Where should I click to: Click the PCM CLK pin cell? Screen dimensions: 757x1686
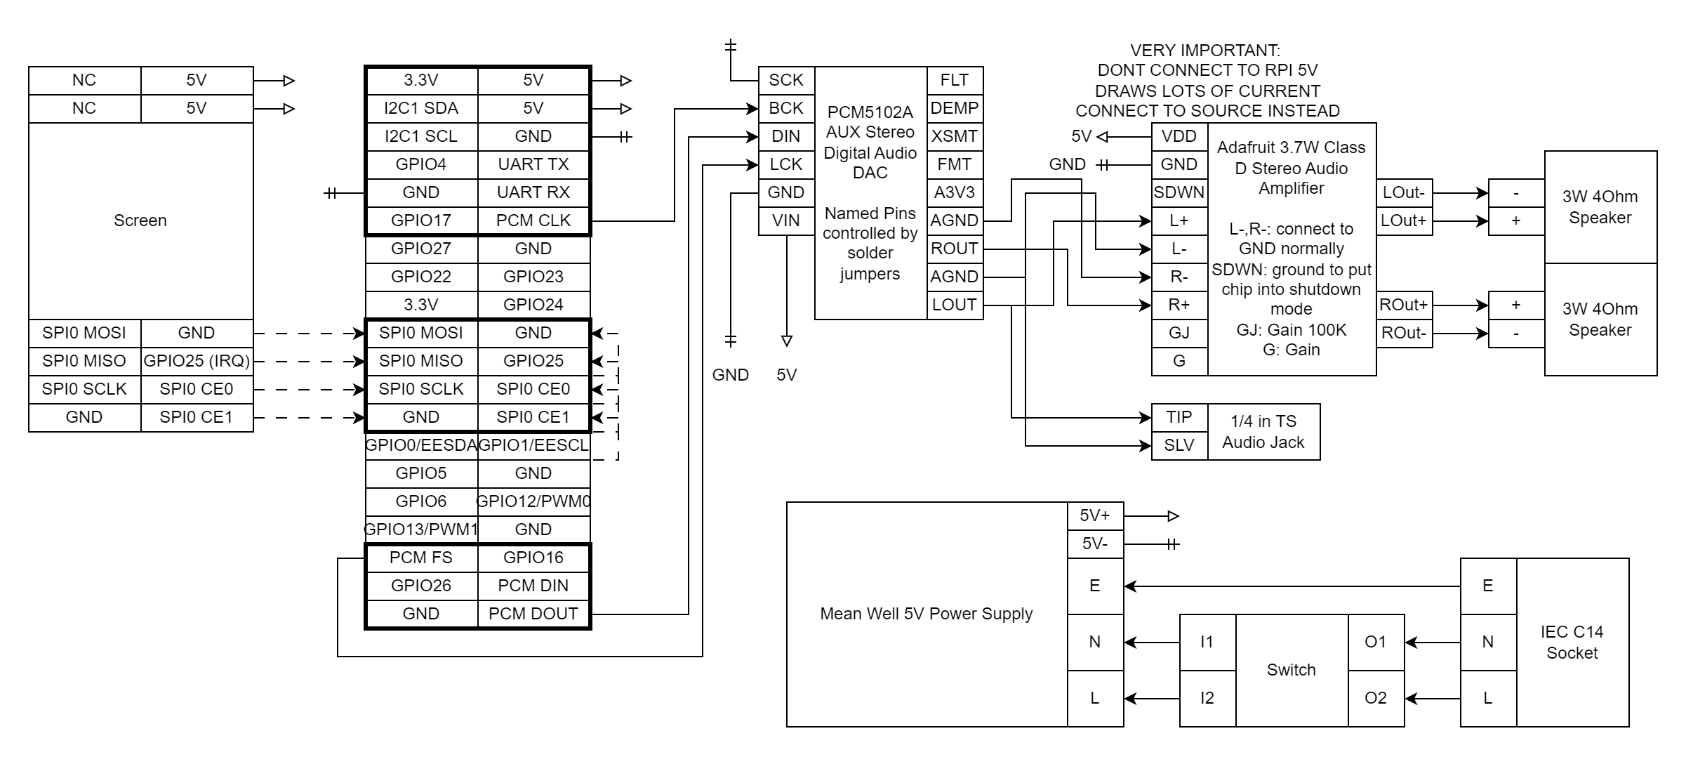(533, 220)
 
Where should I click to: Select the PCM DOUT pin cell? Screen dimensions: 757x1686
(533, 614)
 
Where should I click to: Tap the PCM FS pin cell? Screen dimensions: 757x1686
(421, 558)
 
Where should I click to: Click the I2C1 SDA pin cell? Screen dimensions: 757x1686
(421, 108)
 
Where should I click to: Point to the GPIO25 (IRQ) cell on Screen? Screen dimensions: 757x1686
(197, 361)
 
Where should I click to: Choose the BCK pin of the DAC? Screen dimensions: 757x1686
(786, 108)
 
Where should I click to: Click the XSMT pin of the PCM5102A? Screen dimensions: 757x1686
(955, 136)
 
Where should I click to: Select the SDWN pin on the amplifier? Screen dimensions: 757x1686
(1179, 192)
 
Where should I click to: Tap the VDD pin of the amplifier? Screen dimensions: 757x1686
(1179, 136)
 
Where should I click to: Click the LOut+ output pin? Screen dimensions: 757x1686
(1404, 220)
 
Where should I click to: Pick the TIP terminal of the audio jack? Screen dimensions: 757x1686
(1179, 417)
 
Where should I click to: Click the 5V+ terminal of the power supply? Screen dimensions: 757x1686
(1095, 515)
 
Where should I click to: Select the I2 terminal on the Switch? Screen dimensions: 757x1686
(1207, 698)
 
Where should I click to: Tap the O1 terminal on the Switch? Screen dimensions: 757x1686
(1376, 642)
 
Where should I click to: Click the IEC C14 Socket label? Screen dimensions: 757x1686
(1572, 642)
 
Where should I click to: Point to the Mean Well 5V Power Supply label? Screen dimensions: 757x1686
(927, 614)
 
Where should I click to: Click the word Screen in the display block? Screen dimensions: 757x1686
(140, 220)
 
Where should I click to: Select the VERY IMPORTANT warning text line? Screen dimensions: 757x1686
(1205, 51)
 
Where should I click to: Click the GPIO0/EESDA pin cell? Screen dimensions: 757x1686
(421, 445)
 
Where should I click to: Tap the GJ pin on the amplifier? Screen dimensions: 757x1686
(1179, 333)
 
